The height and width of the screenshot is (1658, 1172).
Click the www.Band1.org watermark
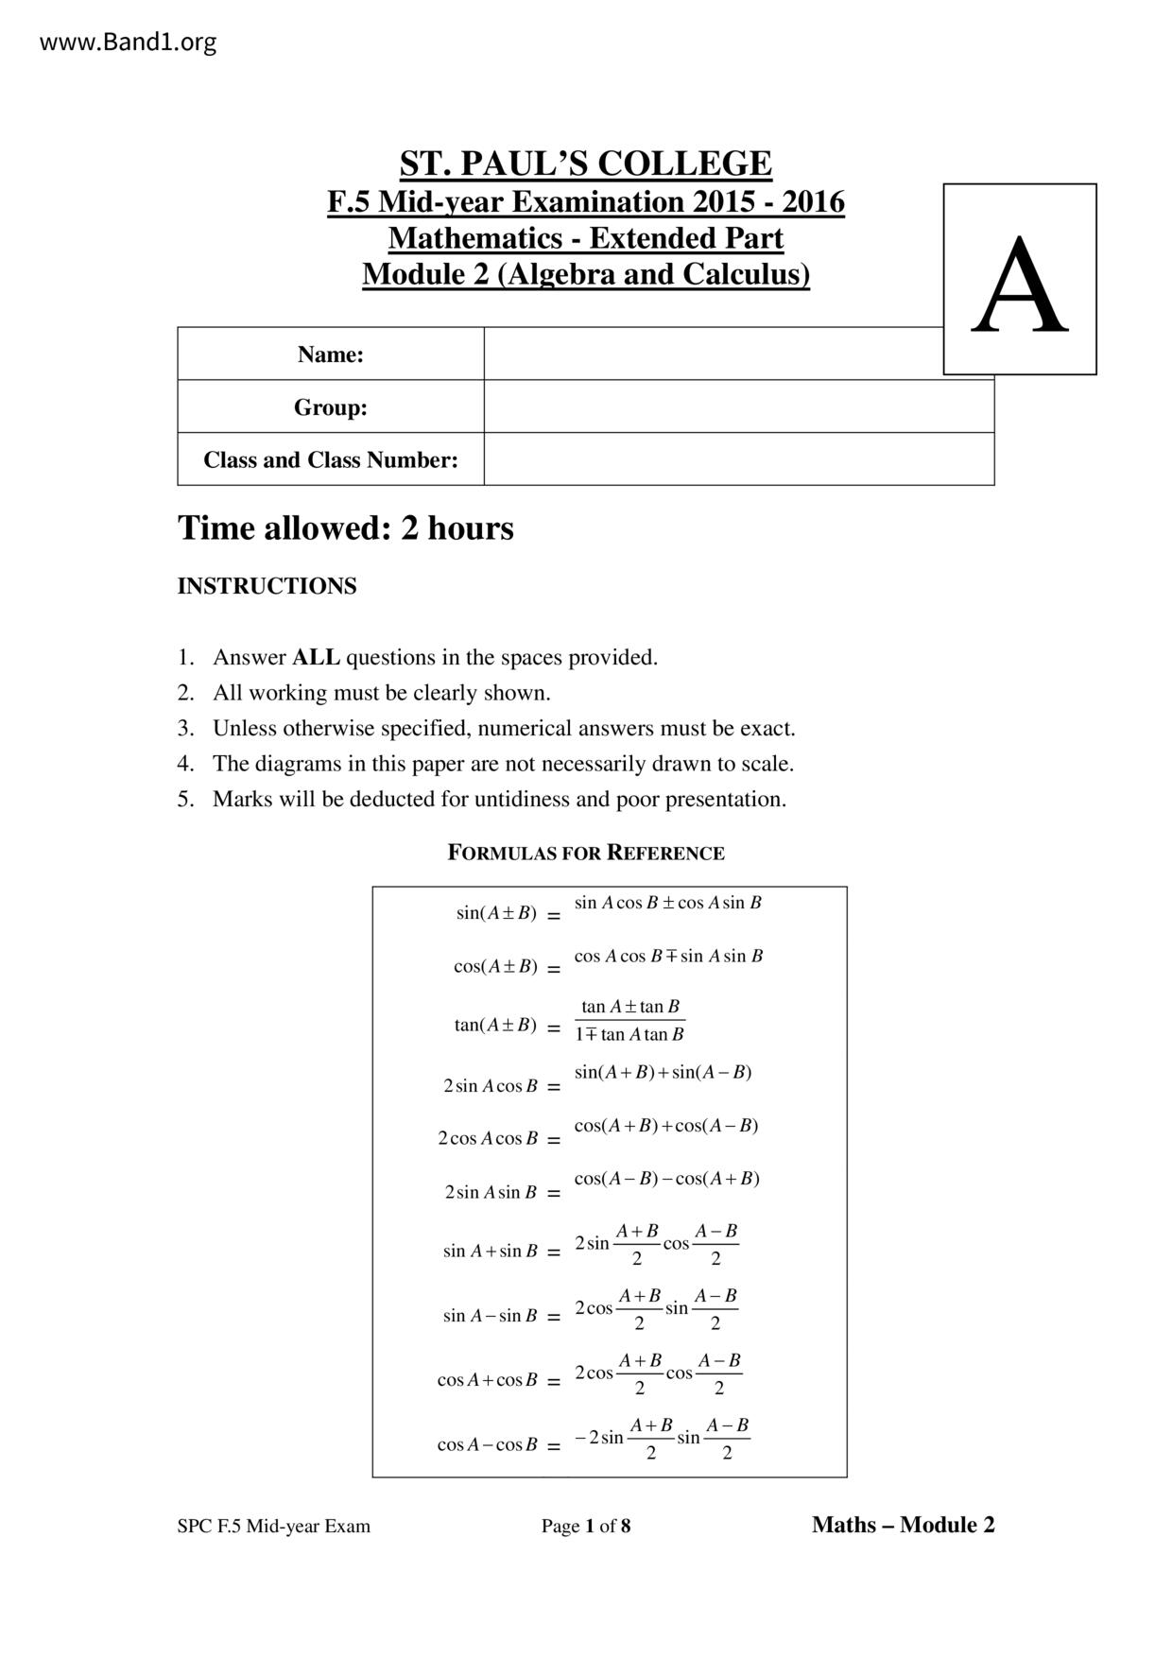[128, 43]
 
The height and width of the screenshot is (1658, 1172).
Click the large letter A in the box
[1019, 285]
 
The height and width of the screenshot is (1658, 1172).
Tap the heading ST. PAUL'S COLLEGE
[585, 164]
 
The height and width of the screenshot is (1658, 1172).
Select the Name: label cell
[330, 354]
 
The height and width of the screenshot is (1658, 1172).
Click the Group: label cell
[330, 407]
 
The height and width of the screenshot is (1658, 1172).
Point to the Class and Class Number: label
[330, 460]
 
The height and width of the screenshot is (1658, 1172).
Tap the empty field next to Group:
[738, 407]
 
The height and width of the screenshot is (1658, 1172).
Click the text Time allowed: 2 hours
[345, 528]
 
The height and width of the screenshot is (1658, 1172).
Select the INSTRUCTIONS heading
[267, 586]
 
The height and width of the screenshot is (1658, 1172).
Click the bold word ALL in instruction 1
[316, 657]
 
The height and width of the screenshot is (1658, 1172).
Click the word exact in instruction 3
[766, 729]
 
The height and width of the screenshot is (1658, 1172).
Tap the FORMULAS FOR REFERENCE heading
[585, 853]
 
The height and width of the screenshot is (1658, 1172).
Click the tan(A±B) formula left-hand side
[495, 1026]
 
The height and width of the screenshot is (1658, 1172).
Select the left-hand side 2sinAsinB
[491, 1193]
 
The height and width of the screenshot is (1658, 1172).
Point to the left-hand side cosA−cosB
[487, 1445]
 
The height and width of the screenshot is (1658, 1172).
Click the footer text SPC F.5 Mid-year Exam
[273, 1526]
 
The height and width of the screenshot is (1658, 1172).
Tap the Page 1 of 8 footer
[585, 1526]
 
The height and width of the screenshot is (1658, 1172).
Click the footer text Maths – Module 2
[903, 1525]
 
